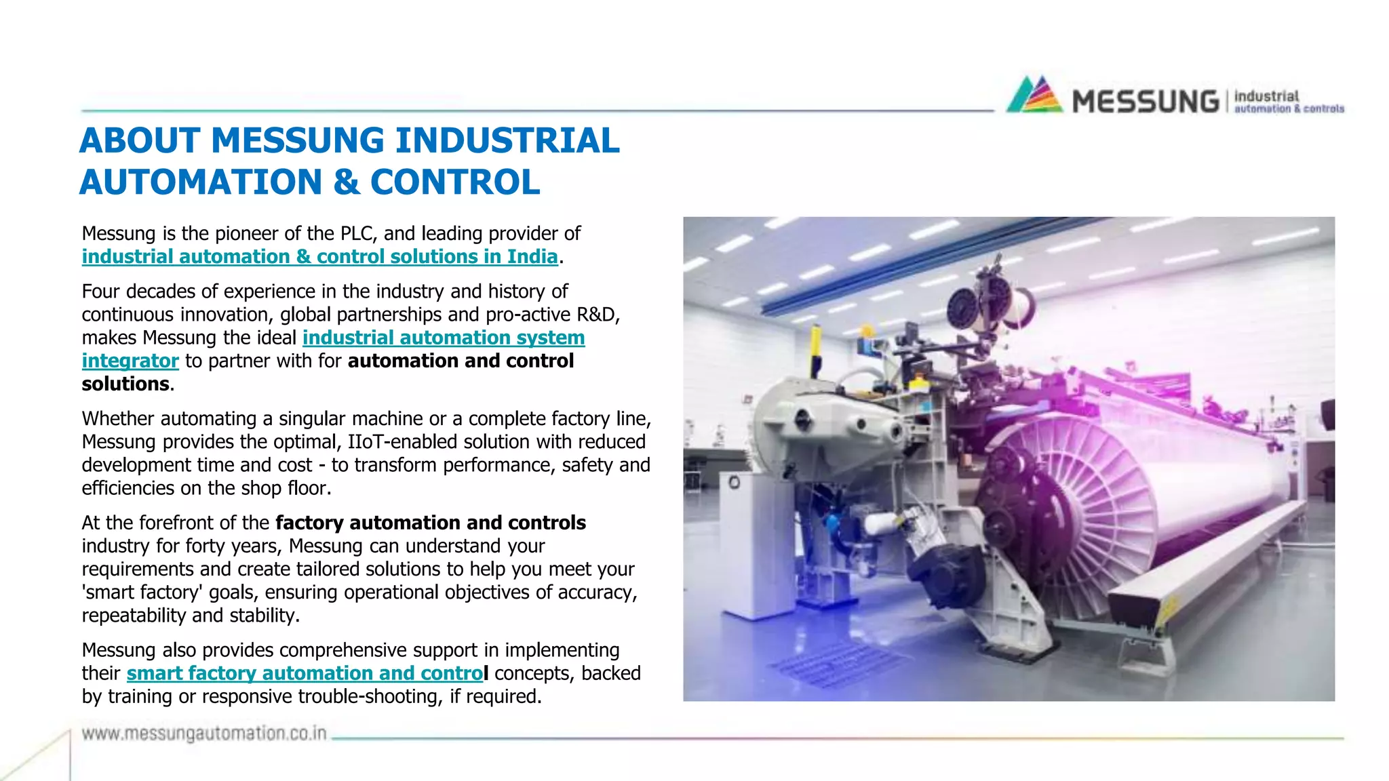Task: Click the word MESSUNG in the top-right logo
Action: (x=1145, y=102)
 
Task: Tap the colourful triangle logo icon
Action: (x=1034, y=95)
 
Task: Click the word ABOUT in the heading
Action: (x=140, y=141)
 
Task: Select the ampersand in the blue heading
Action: (x=347, y=182)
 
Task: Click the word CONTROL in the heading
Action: (x=455, y=182)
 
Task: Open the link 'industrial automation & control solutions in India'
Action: (x=319, y=257)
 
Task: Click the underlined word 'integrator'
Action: (x=130, y=361)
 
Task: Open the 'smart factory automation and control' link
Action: (x=307, y=673)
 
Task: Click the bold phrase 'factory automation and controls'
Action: (x=430, y=523)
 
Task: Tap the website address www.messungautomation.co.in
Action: (x=204, y=734)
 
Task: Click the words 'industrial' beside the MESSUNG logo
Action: (x=1266, y=96)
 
